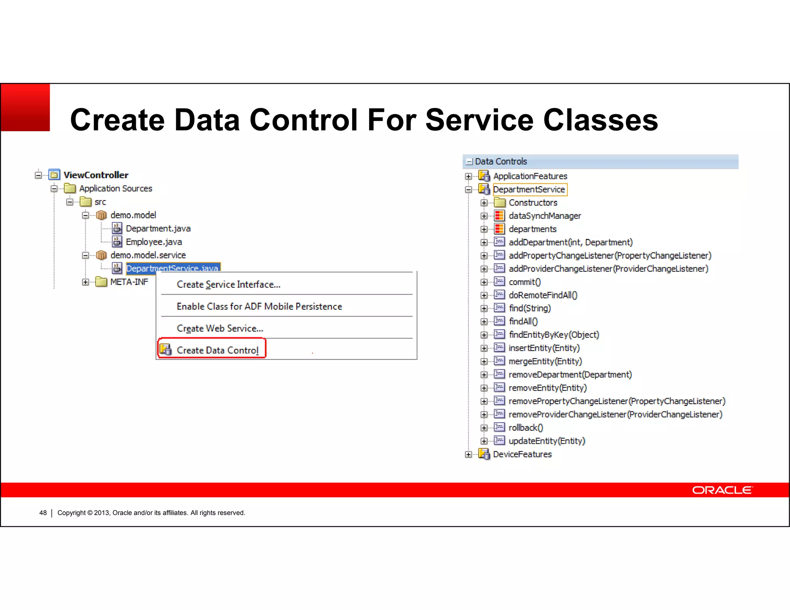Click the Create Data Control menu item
click(x=217, y=350)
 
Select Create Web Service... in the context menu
click(x=219, y=328)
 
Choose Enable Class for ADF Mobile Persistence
click(x=259, y=306)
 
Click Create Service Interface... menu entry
click(x=228, y=284)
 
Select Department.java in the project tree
click(x=158, y=228)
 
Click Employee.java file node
click(x=154, y=242)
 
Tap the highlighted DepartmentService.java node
click(x=172, y=268)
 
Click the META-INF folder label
click(x=129, y=282)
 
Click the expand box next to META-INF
click(x=85, y=282)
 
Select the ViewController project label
click(x=96, y=175)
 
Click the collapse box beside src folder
click(x=69, y=202)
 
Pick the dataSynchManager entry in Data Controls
click(x=544, y=216)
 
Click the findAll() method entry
click(x=523, y=321)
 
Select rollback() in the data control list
click(x=525, y=428)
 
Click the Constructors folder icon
click(x=500, y=202)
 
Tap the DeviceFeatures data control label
click(x=522, y=454)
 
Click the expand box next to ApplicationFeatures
click(x=468, y=176)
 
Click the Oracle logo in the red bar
click(x=722, y=490)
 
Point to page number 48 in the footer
click(x=43, y=513)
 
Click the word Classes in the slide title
click(x=600, y=120)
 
